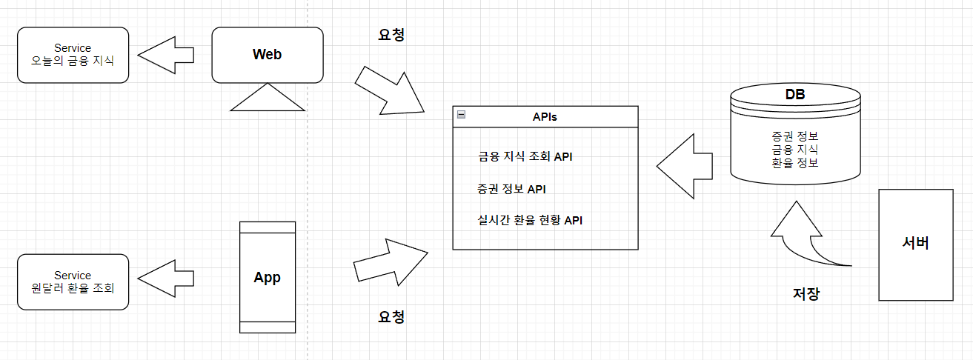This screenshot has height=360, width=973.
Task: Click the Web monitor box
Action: click(268, 55)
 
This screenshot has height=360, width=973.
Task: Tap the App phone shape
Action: click(268, 278)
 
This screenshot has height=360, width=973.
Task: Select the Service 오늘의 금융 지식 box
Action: click(73, 55)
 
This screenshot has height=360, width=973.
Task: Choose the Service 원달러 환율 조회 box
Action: click(73, 281)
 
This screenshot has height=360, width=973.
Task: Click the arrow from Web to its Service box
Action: click(166, 54)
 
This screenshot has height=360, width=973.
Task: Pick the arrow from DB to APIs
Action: click(684, 166)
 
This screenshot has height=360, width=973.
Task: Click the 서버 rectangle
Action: click(915, 244)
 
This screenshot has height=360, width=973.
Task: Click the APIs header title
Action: click(545, 116)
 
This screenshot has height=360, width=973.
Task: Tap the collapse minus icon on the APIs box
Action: click(461, 115)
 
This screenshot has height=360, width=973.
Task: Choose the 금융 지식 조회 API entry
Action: click(525, 157)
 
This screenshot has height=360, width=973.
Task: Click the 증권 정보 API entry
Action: click(511, 189)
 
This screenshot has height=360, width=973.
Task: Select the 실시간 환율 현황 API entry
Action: click(530, 220)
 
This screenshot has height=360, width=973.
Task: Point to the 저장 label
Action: click(806, 293)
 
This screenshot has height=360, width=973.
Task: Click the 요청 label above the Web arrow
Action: click(391, 34)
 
